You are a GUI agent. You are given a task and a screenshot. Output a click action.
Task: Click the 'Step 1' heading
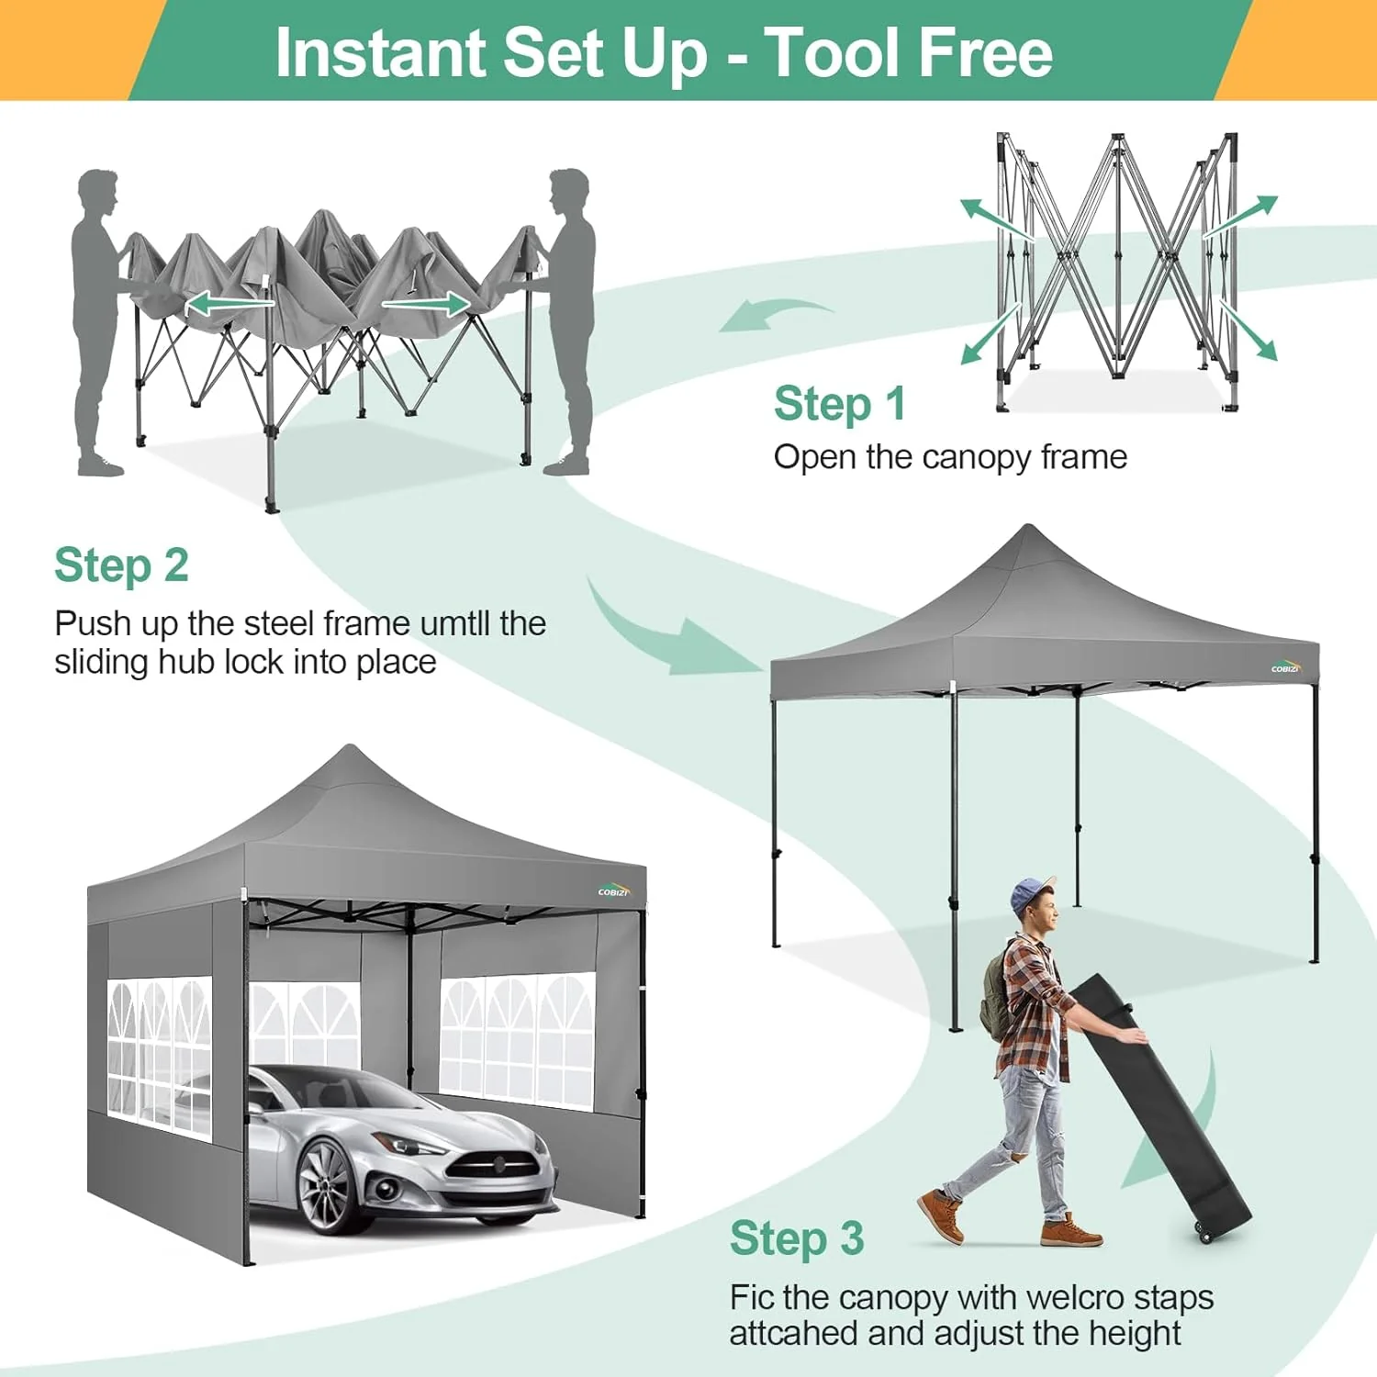click(x=839, y=404)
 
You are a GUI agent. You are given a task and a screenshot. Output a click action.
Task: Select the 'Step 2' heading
click(x=121, y=565)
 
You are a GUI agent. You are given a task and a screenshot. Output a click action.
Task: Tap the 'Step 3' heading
click(x=796, y=1238)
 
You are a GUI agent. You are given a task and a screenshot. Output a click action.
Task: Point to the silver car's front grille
click(x=493, y=1167)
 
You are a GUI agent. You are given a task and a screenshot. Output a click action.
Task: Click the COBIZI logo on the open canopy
click(x=1285, y=667)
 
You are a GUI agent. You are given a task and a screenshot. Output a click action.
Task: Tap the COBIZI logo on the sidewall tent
click(x=613, y=890)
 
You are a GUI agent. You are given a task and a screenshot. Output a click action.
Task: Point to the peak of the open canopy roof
click(x=1029, y=531)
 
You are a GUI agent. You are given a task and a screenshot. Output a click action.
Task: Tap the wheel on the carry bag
click(x=1205, y=1234)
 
